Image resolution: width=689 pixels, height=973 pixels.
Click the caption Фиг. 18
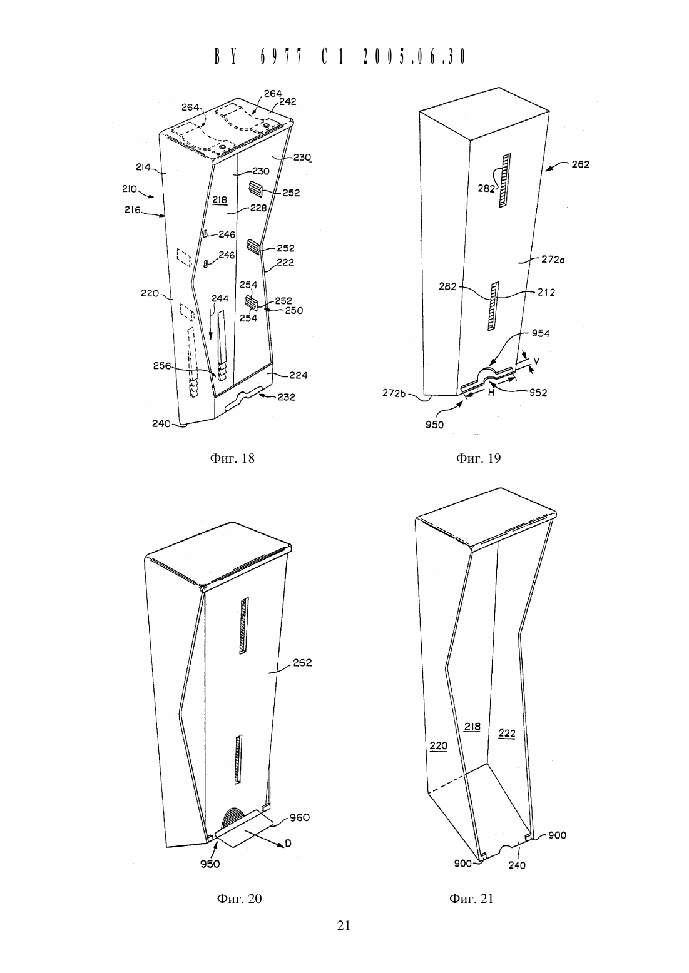(232, 458)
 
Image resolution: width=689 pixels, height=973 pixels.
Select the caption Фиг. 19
(478, 458)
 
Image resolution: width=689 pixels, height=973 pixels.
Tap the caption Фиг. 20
(239, 899)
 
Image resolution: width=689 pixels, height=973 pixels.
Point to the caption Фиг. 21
(471, 899)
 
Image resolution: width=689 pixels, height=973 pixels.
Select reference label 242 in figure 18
(287, 101)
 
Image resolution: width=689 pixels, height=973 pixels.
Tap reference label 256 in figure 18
(162, 366)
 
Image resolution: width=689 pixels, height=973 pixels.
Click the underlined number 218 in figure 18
(220, 200)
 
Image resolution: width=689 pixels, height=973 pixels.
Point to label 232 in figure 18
(286, 396)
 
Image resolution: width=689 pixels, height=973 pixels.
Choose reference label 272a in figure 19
(553, 260)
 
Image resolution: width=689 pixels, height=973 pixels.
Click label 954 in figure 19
(541, 333)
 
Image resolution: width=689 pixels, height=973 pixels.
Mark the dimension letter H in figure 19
(491, 393)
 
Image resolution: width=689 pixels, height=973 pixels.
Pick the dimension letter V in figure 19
(536, 361)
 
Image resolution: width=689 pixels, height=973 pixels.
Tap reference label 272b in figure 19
(394, 393)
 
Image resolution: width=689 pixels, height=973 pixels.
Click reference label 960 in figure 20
(300, 817)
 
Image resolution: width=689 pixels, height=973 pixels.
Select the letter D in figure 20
(288, 844)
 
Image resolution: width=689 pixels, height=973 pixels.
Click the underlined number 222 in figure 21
(506, 734)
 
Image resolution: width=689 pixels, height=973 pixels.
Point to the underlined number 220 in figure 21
(438, 746)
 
